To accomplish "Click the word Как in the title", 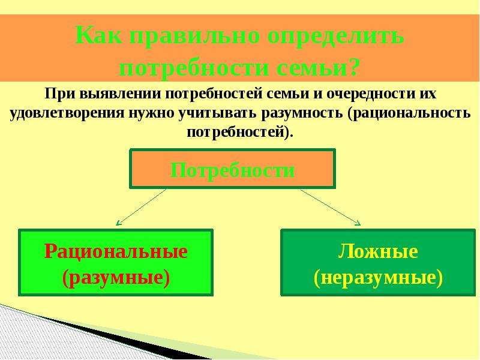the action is point(98,35).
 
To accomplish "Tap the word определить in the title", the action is point(336,36).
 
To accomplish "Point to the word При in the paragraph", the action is point(61,94).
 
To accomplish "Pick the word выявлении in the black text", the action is point(121,94).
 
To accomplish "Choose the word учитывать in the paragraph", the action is point(218,113).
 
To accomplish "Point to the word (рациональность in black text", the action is point(409,113).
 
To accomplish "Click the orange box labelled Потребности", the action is point(232,169).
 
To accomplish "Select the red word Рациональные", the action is point(116,251).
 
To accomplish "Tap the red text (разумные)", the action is point(116,277).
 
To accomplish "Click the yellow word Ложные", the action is point(378,251).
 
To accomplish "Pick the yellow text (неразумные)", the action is point(379,277).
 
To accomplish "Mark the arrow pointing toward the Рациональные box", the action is point(141,207).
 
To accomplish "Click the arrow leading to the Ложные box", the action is point(331,208).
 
